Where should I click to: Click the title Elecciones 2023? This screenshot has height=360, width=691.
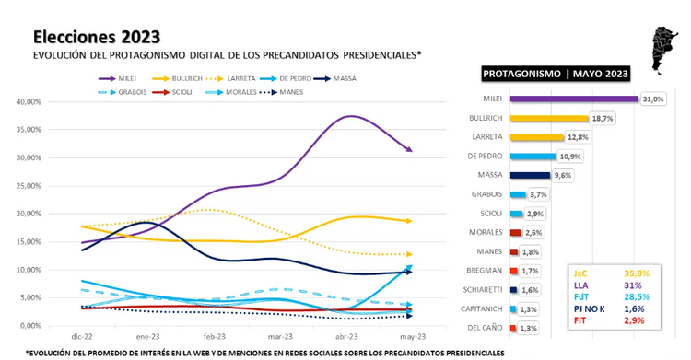(96, 36)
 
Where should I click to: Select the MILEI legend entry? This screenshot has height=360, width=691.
(120, 79)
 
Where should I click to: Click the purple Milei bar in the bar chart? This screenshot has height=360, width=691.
(561, 99)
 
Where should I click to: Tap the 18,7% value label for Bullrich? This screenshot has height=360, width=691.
(602, 119)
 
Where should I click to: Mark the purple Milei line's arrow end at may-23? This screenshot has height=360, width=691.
(408, 150)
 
